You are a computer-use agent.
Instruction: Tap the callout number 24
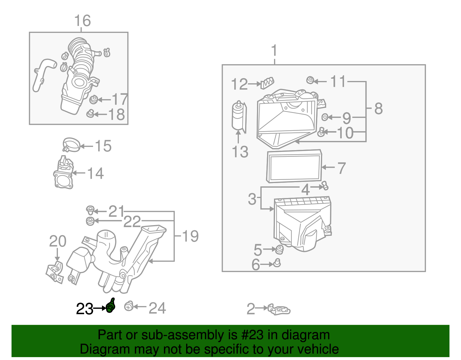pos(157,308)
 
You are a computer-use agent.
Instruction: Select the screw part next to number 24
pos(129,306)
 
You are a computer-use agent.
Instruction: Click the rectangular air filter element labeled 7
pos(294,166)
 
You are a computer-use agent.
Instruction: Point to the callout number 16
pos(82,21)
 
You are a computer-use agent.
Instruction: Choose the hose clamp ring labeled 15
pos(71,144)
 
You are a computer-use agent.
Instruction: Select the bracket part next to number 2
pos(279,310)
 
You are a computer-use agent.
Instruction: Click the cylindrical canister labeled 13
pos(239,117)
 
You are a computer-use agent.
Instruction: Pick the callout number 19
pos(190,236)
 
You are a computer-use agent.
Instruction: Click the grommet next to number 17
pos(93,100)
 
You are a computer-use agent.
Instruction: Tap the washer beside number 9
pos(325,117)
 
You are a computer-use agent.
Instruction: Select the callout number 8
pos(378,109)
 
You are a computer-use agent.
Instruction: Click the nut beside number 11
pos(310,80)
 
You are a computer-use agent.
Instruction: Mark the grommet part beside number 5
pos(279,249)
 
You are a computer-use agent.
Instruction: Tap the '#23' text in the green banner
pos(251,335)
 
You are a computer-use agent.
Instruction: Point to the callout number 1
pos(274,51)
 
